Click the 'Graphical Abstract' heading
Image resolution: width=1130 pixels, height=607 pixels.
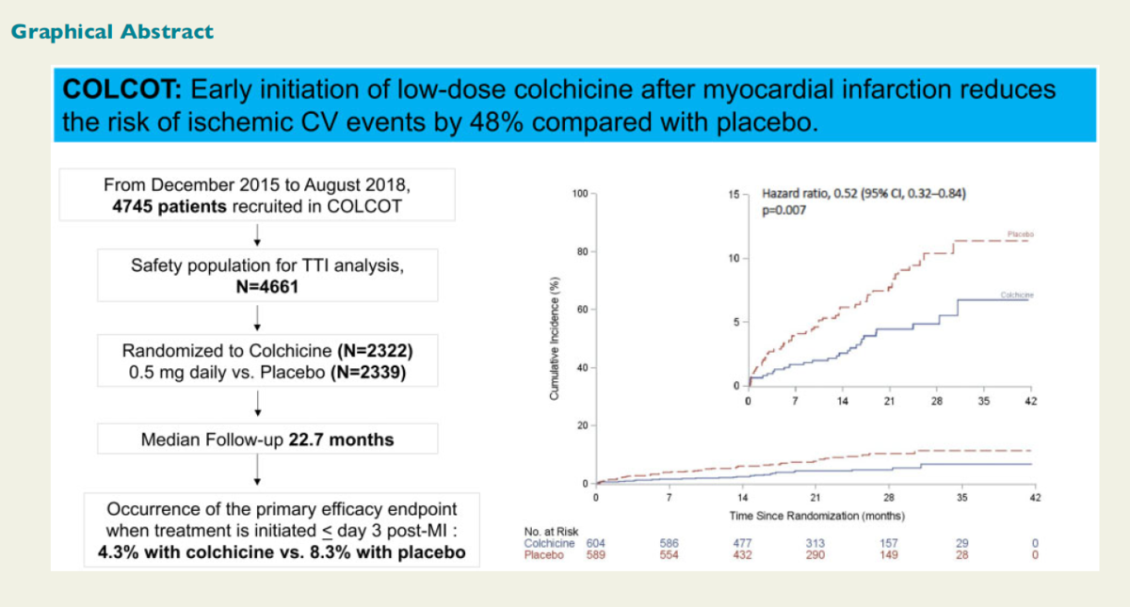112,32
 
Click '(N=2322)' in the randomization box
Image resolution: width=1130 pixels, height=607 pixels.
375,351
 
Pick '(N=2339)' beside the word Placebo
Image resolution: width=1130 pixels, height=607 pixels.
363,373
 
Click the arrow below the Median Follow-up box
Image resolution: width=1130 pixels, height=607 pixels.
257,470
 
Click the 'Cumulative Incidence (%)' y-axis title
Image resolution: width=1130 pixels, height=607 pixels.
557,339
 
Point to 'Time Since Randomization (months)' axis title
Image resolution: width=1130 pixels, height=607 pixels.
816,516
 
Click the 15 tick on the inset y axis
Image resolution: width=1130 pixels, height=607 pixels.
734,194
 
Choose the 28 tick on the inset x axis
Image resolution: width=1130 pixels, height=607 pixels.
936,402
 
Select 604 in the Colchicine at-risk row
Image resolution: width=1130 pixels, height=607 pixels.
595,543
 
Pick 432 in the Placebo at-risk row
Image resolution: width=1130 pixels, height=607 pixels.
742,555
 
